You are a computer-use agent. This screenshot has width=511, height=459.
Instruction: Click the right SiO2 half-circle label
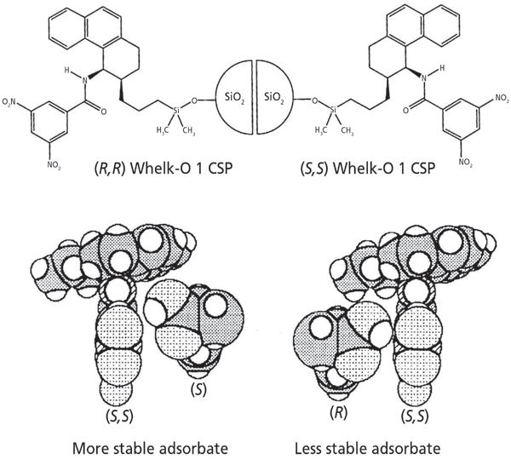(x=274, y=97)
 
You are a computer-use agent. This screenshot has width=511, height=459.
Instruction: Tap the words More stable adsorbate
(x=150, y=448)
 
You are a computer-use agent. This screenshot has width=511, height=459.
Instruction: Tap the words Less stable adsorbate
(x=368, y=448)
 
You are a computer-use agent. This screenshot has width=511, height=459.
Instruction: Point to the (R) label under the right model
(x=338, y=413)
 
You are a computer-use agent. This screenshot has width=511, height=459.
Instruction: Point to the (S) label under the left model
(x=198, y=390)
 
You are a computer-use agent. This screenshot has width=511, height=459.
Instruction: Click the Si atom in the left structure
(x=176, y=111)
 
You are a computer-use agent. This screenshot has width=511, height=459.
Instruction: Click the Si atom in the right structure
(x=333, y=110)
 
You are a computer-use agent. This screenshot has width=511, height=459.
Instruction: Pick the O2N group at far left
(x=9, y=102)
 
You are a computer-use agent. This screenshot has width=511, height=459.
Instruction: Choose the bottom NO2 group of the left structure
(x=54, y=165)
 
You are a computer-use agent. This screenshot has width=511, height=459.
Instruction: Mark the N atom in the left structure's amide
(x=85, y=80)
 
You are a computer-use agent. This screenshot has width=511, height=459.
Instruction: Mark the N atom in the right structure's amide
(x=424, y=78)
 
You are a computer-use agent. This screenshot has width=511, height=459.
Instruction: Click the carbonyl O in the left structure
(x=104, y=112)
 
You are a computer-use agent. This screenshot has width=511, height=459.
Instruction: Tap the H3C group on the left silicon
(x=163, y=131)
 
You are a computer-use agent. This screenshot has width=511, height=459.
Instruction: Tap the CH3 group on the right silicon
(x=347, y=131)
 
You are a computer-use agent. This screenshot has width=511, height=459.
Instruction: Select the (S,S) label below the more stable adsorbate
(x=118, y=416)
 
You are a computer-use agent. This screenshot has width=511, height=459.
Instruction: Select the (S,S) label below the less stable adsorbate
(x=414, y=416)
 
